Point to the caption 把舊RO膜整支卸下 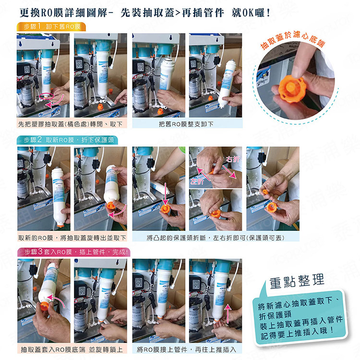pyautogui.click(x=187, y=124)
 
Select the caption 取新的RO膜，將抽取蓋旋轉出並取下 pyautogui.click(x=72, y=238)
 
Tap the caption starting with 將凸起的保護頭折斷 pyautogui.click(x=216, y=238)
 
